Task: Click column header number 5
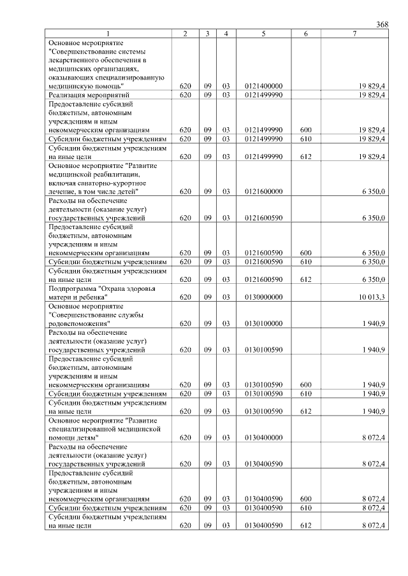pos(263,33)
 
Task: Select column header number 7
pos(354,33)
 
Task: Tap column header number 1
pos(108,33)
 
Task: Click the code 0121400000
pos(263,85)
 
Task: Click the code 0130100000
pos(263,323)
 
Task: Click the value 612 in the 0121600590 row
pos(305,279)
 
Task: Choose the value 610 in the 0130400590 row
pos(305,509)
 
